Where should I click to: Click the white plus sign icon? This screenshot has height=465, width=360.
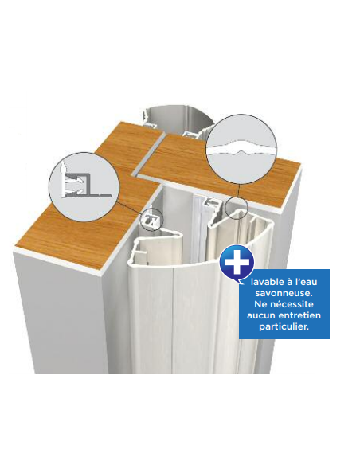click(237, 263)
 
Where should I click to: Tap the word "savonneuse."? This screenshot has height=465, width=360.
click(284, 293)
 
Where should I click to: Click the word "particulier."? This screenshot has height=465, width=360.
click(284, 326)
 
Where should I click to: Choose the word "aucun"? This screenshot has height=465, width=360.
click(261, 315)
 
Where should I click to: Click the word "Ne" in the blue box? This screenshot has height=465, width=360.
click(261, 304)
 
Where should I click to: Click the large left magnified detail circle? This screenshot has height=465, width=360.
click(84, 187)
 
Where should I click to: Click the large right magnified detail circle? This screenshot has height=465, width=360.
click(241, 150)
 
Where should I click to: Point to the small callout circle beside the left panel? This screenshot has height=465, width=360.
click(151, 220)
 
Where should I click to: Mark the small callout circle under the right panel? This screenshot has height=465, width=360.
click(236, 208)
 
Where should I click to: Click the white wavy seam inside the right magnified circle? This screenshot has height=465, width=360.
click(241, 150)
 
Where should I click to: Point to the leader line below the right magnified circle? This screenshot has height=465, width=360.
click(238, 191)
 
